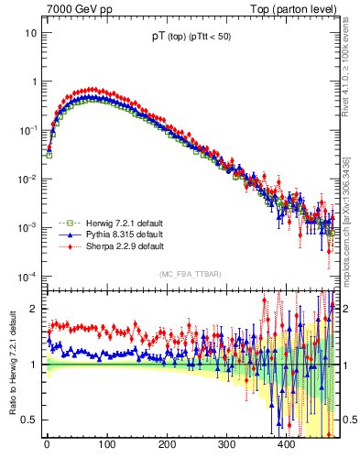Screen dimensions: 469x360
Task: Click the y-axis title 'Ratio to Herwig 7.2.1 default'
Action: coord(11,366)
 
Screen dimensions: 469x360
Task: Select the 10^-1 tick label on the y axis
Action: coord(27,130)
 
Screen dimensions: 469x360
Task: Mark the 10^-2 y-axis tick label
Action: coord(27,179)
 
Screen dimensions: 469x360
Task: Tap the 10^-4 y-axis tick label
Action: coord(27,276)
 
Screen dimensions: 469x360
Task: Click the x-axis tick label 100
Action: coord(106,445)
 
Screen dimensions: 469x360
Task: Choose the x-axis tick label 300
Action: coord(226,445)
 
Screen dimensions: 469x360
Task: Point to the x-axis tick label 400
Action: coord(286,445)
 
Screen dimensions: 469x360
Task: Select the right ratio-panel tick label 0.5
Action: coord(348,420)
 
